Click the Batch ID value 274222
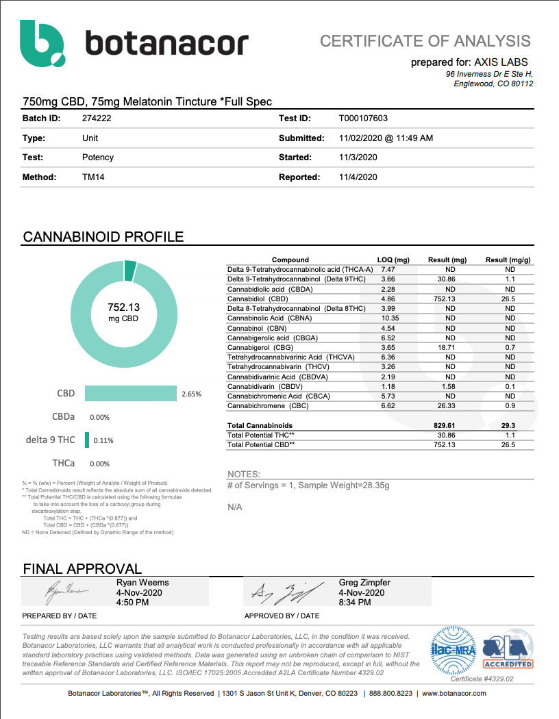pos(96,118)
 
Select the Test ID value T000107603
pos(363,118)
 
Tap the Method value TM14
pos(93,177)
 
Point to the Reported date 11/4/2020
pos(358,177)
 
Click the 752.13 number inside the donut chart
pos(124,307)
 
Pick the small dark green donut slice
pos(130,271)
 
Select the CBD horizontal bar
pos(131,394)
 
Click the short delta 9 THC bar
pos(87,440)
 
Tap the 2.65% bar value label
pos(191,394)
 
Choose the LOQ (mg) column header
pos(393,260)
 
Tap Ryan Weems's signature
pos(67,592)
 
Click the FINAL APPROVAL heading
pos(82,568)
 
